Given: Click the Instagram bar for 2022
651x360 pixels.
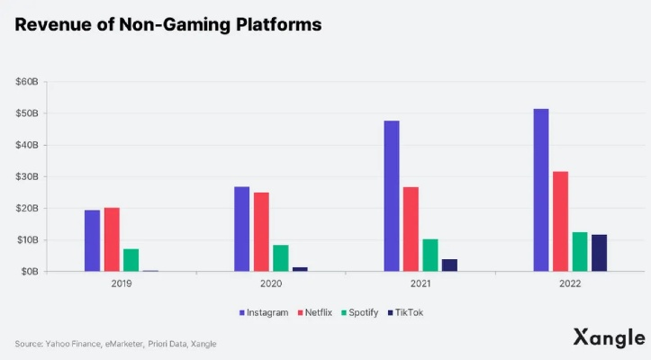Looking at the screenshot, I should point(540,190).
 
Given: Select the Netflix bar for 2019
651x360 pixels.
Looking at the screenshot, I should point(112,239).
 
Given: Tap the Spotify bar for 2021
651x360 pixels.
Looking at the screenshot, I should point(431,255).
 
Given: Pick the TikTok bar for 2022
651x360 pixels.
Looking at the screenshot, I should point(599,253).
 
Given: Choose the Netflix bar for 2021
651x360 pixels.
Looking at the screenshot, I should point(411,229).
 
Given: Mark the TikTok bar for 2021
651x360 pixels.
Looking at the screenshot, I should point(449,265).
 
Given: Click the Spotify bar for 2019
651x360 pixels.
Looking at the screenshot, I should point(131,259).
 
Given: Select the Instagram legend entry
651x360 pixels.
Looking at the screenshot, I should point(264,312).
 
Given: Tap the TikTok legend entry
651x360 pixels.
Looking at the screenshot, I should point(405,312).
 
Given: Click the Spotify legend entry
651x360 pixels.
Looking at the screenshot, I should point(357,312).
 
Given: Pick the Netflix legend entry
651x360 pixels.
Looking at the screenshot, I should point(312,312).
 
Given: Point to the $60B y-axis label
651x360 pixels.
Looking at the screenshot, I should point(26,82).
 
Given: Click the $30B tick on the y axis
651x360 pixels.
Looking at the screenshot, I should point(26,176).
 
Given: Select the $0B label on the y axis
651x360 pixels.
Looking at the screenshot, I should point(29,271).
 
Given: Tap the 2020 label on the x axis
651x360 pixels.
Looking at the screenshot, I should point(270,284).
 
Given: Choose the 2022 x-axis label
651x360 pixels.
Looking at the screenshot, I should point(569,284).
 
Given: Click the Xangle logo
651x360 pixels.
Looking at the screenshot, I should point(609,338).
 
